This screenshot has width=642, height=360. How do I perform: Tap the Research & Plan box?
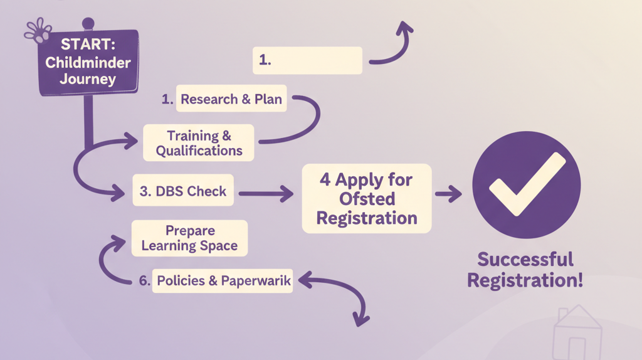point(231,99)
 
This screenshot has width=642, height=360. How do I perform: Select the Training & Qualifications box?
point(199,143)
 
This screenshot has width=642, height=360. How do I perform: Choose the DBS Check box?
point(183,191)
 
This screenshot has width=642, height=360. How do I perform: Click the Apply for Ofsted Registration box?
point(367,198)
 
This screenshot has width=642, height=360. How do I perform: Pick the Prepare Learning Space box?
point(189,238)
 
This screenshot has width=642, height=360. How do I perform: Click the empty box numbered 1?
point(308,60)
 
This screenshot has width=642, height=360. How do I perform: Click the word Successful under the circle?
point(525,259)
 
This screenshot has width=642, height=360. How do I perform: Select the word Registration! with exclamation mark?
point(525,280)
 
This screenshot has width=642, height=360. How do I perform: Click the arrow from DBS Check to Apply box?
point(266,194)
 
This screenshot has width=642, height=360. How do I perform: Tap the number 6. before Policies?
point(144,281)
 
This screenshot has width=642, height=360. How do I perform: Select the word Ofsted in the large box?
point(367,198)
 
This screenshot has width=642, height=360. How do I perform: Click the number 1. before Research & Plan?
point(167,99)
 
